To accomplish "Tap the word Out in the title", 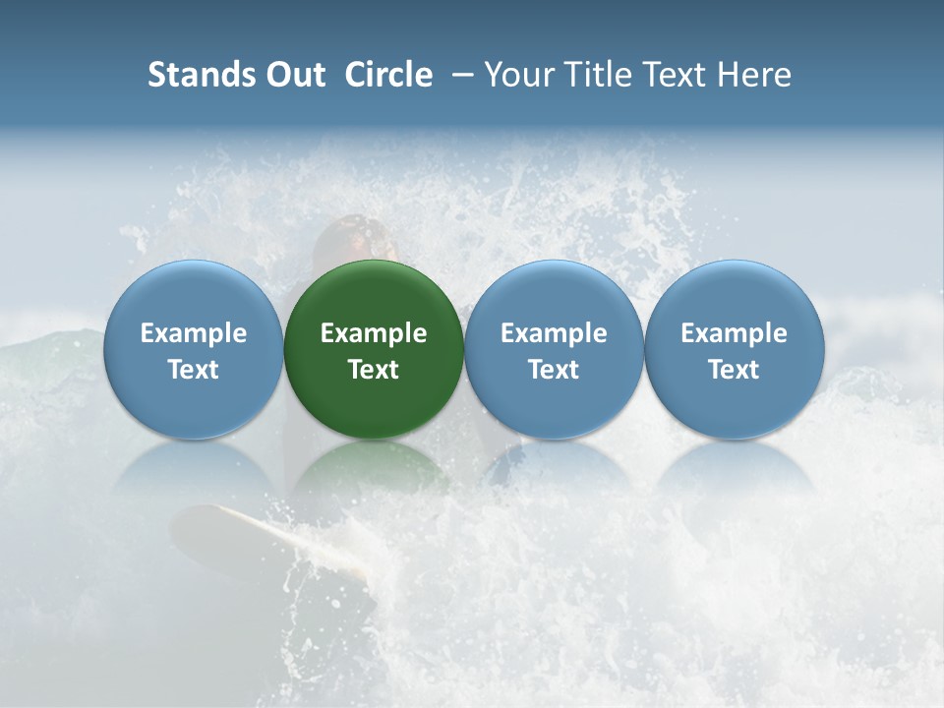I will tap(293, 75).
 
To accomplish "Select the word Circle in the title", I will tap(388, 75).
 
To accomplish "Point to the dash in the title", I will tap(458, 75).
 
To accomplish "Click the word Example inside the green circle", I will tap(374, 333).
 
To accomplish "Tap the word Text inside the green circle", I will tap(374, 370).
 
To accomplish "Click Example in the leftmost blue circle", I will tap(193, 333).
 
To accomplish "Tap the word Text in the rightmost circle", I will tap(734, 370).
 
